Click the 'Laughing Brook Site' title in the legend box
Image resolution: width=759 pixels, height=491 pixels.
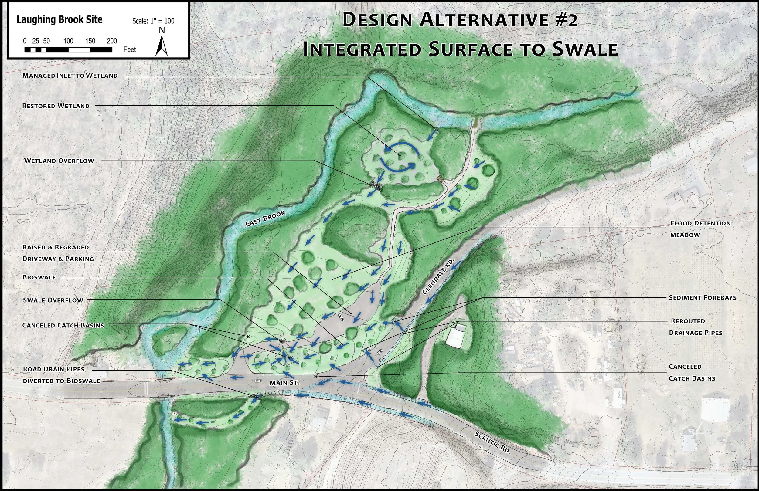[x=59, y=20]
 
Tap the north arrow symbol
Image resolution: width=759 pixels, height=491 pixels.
[x=162, y=45]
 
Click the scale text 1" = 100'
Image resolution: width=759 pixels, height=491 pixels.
[x=163, y=21]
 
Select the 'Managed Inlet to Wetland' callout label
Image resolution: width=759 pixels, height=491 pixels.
[x=70, y=76]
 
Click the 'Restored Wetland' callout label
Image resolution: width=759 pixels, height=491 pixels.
[x=56, y=106]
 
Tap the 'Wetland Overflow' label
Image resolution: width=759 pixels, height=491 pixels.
[x=59, y=161]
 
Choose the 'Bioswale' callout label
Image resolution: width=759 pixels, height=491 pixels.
[x=39, y=277]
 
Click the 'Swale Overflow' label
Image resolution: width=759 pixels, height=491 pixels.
[x=53, y=300]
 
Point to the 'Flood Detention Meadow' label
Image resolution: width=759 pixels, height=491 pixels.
[x=700, y=229]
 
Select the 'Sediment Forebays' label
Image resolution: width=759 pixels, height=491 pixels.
[x=703, y=298]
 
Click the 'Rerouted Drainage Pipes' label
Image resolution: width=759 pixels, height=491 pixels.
[x=695, y=327]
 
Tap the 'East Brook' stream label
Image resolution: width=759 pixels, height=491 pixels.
[x=265, y=219]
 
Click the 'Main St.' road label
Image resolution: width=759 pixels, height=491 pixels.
[x=284, y=383]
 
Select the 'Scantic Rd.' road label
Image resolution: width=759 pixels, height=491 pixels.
[x=492, y=442]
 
